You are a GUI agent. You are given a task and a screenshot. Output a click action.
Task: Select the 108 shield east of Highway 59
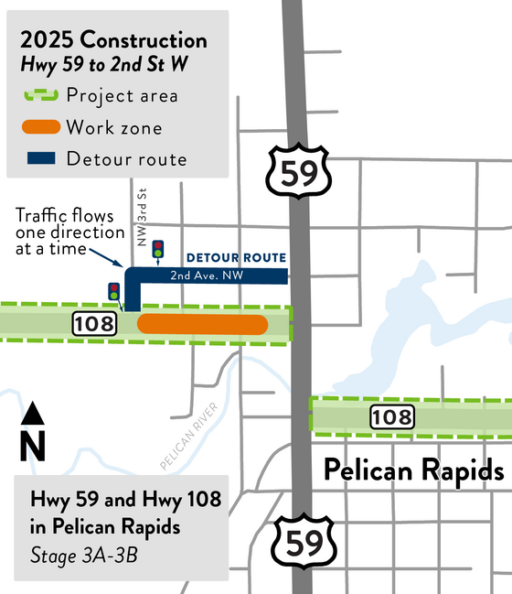[392, 417]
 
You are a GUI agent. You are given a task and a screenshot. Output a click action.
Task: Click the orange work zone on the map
[202, 325]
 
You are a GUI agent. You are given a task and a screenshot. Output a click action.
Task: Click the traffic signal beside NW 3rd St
[158, 248]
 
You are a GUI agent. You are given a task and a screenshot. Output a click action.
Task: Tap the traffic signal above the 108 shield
[114, 292]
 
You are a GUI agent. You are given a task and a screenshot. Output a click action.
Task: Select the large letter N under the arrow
[33, 446]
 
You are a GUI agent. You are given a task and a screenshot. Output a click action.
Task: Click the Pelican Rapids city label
[414, 471]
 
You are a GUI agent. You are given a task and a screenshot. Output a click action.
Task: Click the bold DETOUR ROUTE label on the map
[237, 258]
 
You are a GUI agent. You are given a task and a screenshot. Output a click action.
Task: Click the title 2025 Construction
[113, 40]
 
